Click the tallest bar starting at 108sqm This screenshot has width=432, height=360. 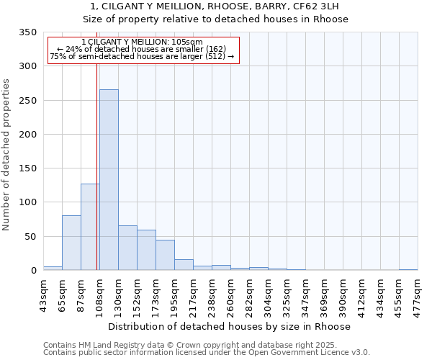tap(109, 180)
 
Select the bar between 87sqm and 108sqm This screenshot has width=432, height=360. tap(90, 227)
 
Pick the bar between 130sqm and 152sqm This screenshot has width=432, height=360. tap(127, 248)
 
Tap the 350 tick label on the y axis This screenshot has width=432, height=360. tap(27, 32)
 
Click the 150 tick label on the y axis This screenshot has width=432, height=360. tap(27, 168)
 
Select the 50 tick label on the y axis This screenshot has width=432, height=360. tap(30, 236)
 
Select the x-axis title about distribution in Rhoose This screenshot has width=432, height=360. tap(230, 326)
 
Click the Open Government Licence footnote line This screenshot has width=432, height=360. tap(207, 353)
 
